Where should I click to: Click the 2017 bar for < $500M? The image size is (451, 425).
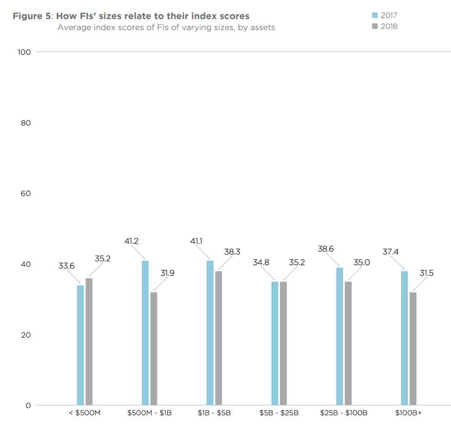(x=80, y=345)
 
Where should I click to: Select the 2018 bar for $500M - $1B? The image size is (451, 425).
(x=154, y=349)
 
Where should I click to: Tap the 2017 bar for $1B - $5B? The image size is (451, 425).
(x=210, y=333)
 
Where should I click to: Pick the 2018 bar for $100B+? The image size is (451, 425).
(x=413, y=349)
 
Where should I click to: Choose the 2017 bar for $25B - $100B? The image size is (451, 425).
(x=340, y=337)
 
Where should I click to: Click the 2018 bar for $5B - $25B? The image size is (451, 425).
(x=283, y=344)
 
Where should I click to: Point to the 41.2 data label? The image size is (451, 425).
(x=132, y=241)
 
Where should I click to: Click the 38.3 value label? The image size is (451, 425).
(x=232, y=251)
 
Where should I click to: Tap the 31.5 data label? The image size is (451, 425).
(x=426, y=273)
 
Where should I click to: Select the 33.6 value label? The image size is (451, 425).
(x=66, y=266)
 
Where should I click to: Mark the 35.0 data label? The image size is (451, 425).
(x=362, y=262)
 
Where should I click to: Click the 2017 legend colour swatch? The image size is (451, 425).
(x=375, y=15)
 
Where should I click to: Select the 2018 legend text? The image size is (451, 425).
(x=389, y=26)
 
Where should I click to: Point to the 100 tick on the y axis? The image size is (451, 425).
(x=24, y=52)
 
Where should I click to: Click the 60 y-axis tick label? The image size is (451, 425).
(x=25, y=193)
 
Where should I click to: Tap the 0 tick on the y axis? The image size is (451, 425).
(x=28, y=406)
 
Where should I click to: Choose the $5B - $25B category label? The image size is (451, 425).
(x=279, y=413)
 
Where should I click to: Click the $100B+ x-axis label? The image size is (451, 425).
(x=408, y=413)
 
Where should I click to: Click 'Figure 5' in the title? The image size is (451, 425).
(x=32, y=16)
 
